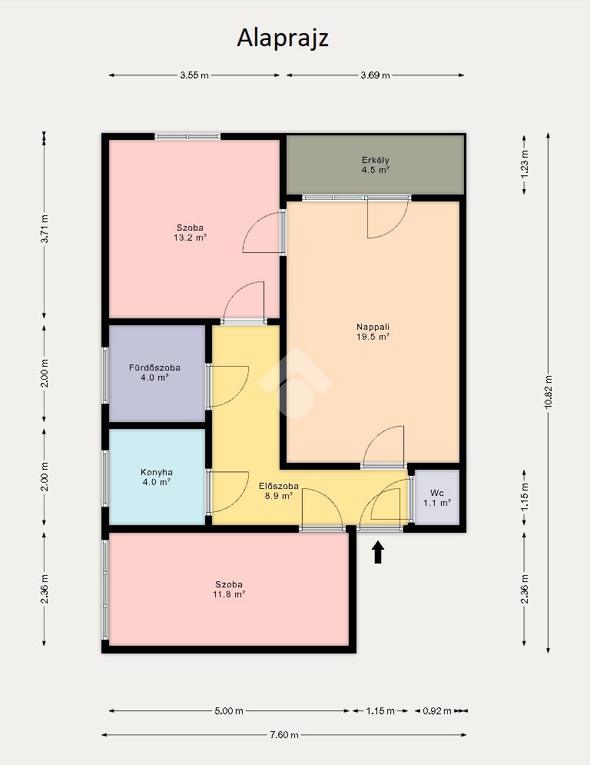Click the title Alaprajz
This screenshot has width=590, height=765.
(283, 38)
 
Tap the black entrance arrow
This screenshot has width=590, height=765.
(378, 552)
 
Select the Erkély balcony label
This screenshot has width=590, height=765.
(376, 165)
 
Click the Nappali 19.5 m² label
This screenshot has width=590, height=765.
(373, 332)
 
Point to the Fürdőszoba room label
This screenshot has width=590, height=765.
(154, 372)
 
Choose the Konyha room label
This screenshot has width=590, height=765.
(157, 477)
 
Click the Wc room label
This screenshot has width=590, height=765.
(437, 497)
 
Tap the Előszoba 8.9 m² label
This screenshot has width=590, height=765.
(278, 491)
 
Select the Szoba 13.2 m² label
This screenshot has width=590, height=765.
(191, 233)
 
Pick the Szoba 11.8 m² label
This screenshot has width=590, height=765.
(229, 590)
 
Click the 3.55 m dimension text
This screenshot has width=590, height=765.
(194, 75)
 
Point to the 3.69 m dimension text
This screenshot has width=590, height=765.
(376, 75)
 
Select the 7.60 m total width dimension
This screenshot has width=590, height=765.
(284, 735)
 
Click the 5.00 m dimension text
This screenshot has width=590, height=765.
(229, 711)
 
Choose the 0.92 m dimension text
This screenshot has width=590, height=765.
(437, 711)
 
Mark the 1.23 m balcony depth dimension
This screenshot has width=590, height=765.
(525, 164)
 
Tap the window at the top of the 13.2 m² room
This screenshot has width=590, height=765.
(187, 137)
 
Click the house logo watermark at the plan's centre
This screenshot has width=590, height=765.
(295, 383)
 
